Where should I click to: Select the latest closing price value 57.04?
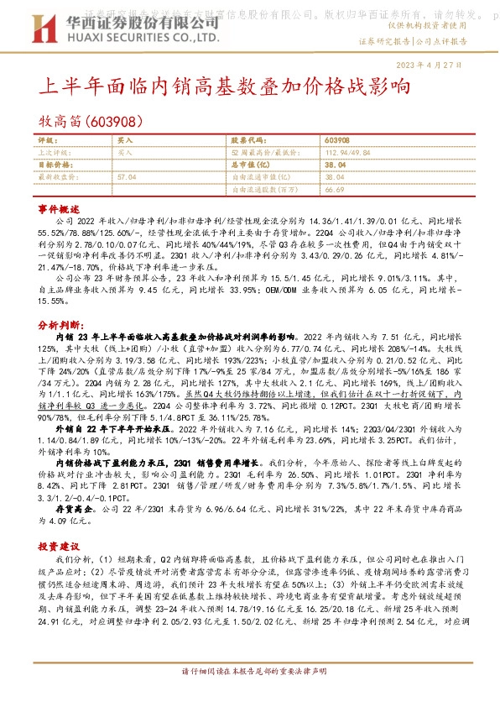127,178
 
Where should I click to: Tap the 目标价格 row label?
55,166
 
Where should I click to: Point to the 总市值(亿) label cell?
258,166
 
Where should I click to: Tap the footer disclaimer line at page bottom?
251,694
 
